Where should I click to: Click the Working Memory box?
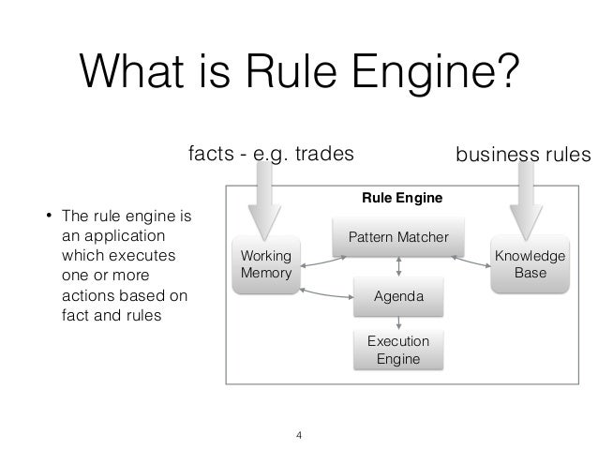point(266,264)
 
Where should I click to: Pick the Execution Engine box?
point(399,350)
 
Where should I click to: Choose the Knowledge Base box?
point(530,264)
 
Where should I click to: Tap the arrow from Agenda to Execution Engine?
point(400,321)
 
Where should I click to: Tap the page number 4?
point(299,435)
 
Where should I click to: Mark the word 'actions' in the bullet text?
point(85,297)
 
